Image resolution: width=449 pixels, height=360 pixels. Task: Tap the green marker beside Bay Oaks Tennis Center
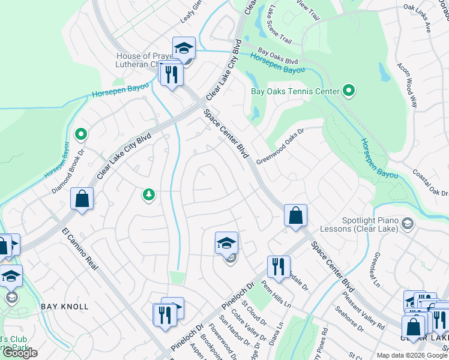click(348, 92)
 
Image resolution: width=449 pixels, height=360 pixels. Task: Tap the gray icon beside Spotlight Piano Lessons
click(408, 224)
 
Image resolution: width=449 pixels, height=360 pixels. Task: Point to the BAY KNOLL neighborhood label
click(65, 307)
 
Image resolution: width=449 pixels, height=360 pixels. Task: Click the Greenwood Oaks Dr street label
click(281, 146)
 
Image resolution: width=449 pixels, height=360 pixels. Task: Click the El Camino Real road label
click(79, 248)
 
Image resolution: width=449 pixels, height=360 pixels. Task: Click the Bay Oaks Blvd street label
click(278, 57)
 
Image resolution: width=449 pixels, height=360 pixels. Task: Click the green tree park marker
click(148, 194)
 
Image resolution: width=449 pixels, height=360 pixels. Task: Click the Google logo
click(20, 353)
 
